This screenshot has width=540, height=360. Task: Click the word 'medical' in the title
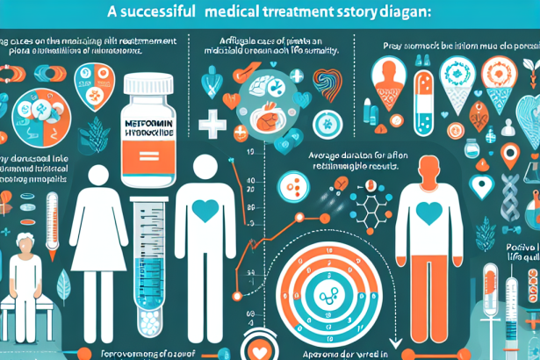click(239, 17)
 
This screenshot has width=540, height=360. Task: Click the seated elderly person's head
click(24, 246)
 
